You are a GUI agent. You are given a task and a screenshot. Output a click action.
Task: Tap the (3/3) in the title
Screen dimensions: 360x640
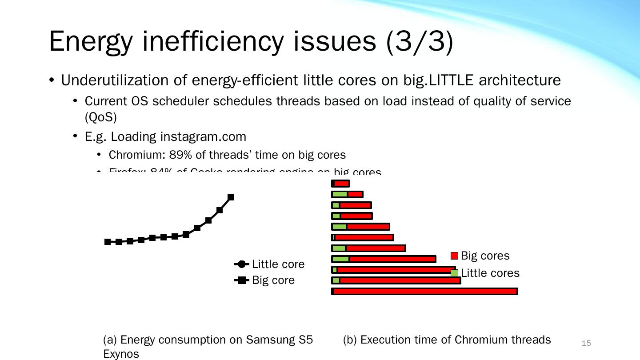pos(420,41)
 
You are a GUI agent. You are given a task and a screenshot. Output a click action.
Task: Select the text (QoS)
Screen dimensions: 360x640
pos(100,117)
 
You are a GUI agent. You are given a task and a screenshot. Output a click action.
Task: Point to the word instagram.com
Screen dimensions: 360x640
pos(203,136)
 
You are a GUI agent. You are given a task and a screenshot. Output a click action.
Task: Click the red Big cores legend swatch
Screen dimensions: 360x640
pos(454,256)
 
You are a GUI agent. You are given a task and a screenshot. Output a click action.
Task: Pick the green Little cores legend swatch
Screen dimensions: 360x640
pos(454,273)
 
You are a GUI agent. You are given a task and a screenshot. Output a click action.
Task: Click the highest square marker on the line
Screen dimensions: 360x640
pos(231,197)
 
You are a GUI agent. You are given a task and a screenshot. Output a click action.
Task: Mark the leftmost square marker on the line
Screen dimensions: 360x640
pos(108,242)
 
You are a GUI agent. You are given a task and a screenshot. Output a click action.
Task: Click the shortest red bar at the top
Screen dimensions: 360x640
pos(341,184)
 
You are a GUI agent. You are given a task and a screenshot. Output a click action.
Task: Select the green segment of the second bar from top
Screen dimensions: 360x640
pos(340,194)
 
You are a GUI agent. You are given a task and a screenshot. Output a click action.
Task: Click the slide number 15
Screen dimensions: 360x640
pos(586,343)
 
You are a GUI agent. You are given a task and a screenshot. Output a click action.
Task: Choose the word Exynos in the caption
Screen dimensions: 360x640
pos(121,354)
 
